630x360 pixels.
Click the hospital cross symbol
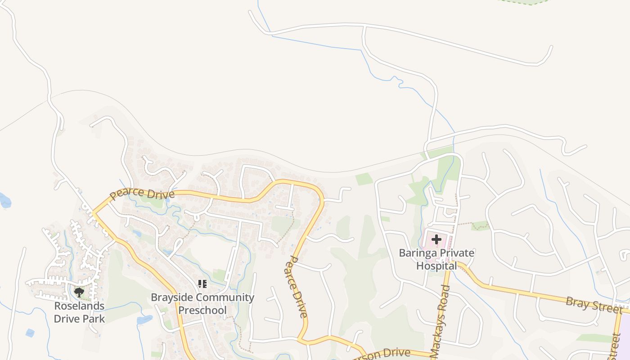click(x=436, y=239)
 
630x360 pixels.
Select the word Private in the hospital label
click(x=456, y=253)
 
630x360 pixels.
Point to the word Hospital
click(x=436, y=265)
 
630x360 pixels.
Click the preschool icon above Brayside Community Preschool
click(x=202, y=284)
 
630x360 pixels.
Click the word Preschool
click(x=202, y=310)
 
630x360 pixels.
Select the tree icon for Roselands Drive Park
click(x=79, y=292)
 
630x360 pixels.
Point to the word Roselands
click(x=79, y=306)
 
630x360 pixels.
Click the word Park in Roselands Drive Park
click(x=93, y=319)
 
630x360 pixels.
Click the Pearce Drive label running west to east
click(x=142, y=193)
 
